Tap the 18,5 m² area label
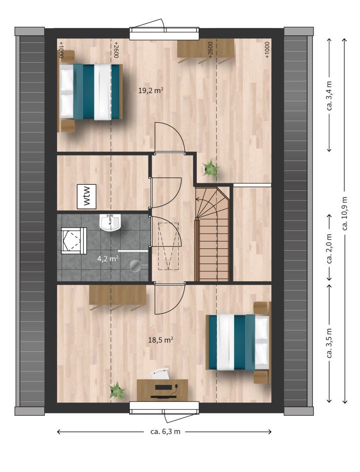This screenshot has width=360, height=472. pos(160,340)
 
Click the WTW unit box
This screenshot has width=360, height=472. pos(87,196)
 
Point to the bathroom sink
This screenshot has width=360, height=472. pos(110,223)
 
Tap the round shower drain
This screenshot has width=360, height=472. pos(135,266)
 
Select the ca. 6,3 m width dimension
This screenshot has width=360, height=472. pos(165,431)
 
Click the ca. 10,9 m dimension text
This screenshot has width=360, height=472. pos(345,213)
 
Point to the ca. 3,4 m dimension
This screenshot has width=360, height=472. pos(329,95)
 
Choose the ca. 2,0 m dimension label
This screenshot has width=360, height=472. pos(329,248)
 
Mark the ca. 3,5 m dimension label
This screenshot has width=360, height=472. pos(329,343)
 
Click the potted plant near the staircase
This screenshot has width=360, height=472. pos(211,168)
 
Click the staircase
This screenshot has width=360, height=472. pos(212,234)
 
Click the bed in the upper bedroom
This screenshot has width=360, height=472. pos(91,92)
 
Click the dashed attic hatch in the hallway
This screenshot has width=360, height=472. pos(169,246)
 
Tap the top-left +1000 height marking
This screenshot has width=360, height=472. pos(61,50)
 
